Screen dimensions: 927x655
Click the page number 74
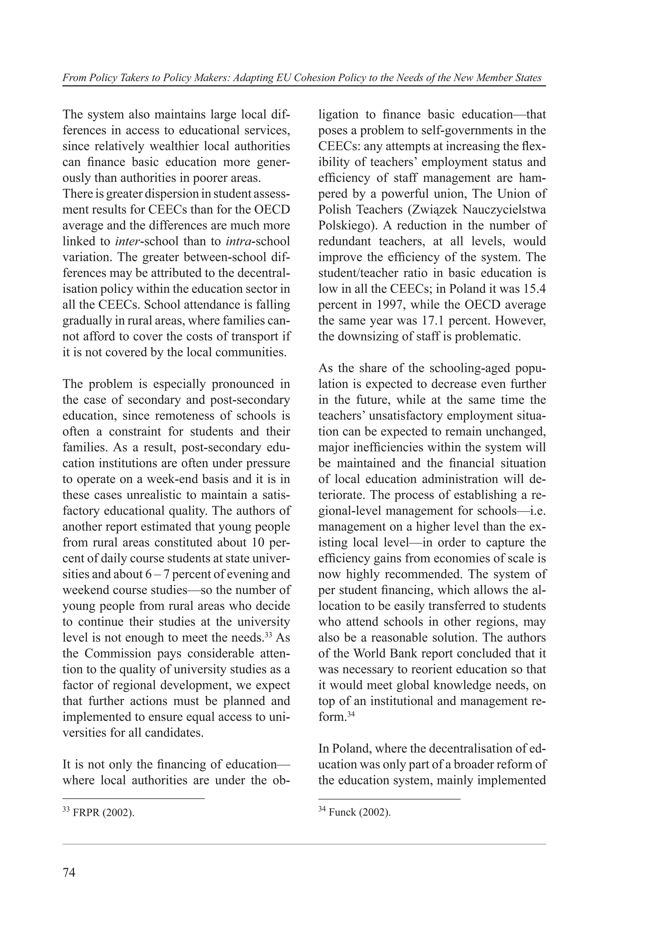tap(69, 873)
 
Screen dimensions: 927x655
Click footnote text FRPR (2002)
tap(103, 813)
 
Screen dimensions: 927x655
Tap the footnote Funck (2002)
tap(359, 813)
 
